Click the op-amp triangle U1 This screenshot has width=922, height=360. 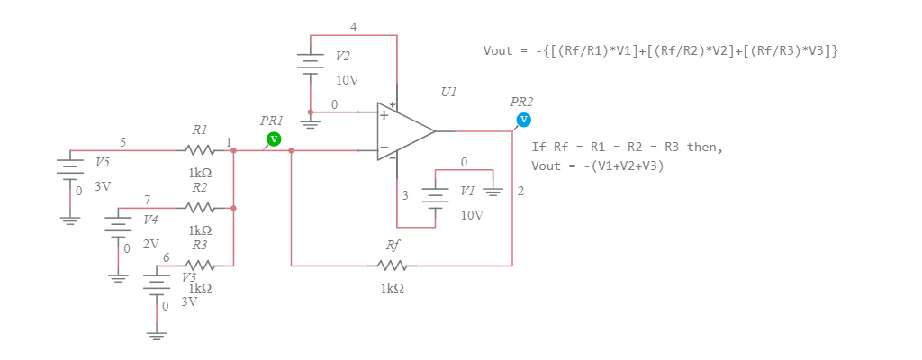[402, 131]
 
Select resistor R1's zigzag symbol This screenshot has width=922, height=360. [199, 150]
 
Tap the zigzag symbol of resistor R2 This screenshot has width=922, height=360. [199, 208]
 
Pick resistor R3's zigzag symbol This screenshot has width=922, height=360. [199, 265]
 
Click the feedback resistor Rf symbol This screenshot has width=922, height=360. [393, 265]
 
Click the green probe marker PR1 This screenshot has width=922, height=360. [275, 139]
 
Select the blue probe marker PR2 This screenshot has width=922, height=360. [523, 120]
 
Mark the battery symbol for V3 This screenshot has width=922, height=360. [158, 282]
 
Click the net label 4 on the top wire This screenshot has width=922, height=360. [353, 27]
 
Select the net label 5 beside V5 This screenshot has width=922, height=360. [122, 142]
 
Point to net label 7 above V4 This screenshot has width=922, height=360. [147, 199]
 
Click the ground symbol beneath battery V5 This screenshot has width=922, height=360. [69, 218]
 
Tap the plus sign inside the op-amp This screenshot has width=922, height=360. [384, 115]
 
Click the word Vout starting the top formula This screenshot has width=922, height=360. [497, 50]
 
